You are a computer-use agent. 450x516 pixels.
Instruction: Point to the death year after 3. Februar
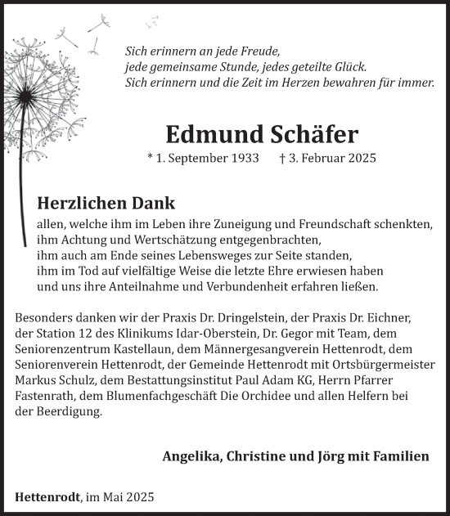pyautogui.click(x=359, y=158)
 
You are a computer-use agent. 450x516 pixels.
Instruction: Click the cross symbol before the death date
pyautogui.click(x=282, y=158)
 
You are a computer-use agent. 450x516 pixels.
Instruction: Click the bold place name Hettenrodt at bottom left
pyautogui.click(x=46, y=496)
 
